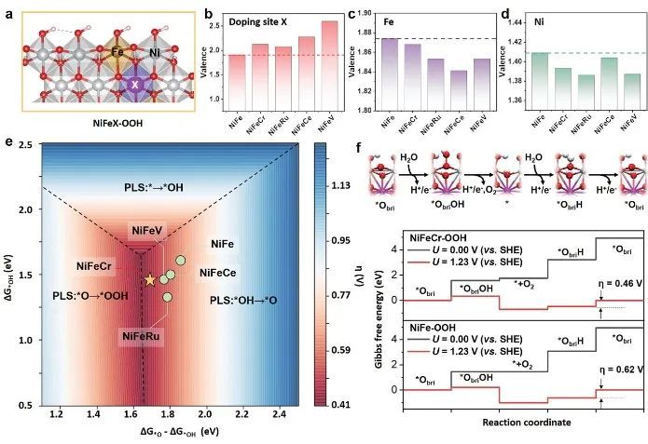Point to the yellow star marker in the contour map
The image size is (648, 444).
click(x=148, y=278)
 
